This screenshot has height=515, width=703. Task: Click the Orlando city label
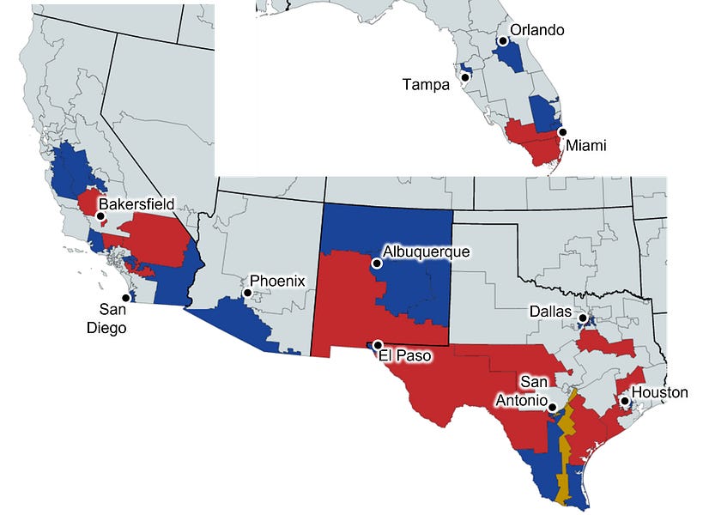pos(536,30)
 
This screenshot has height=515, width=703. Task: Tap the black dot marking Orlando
pos(502,40)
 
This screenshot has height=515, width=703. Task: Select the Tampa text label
pos(427,84)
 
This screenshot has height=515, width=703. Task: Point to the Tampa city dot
pos(464,77)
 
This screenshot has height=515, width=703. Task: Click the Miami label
pos(585,146)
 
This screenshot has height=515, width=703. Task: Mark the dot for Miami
pos(562,132)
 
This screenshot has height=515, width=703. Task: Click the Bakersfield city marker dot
pos(100,216)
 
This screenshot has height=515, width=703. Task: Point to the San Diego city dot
pos(126,298)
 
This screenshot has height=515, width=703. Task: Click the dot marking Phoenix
pos(247,293)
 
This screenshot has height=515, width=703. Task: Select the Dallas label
pos(549,312)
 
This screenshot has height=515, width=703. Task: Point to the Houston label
pos(660,392)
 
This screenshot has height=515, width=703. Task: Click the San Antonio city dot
pos(552,408)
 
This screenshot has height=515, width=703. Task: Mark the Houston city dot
pos(625,401)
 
